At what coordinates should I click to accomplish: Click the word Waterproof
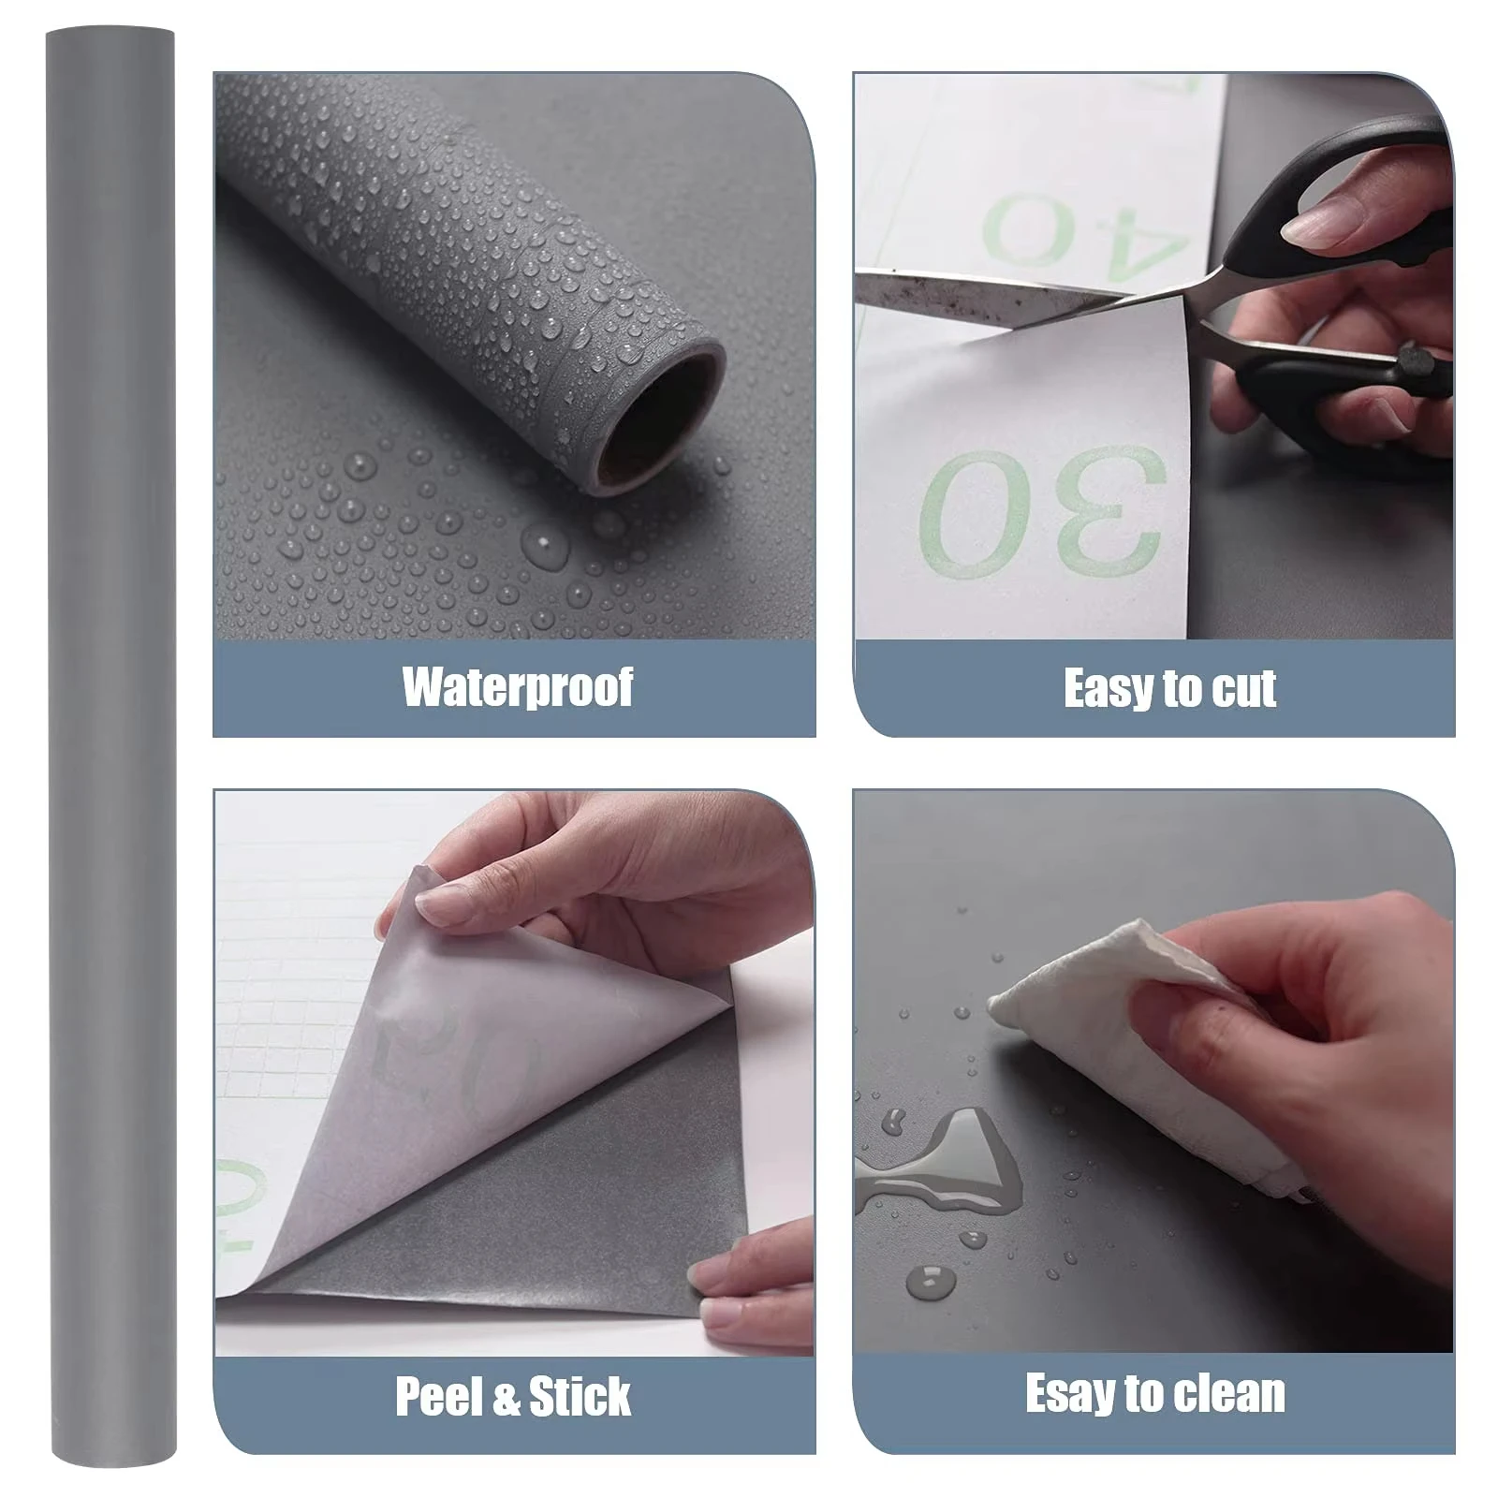pos(518,687)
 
